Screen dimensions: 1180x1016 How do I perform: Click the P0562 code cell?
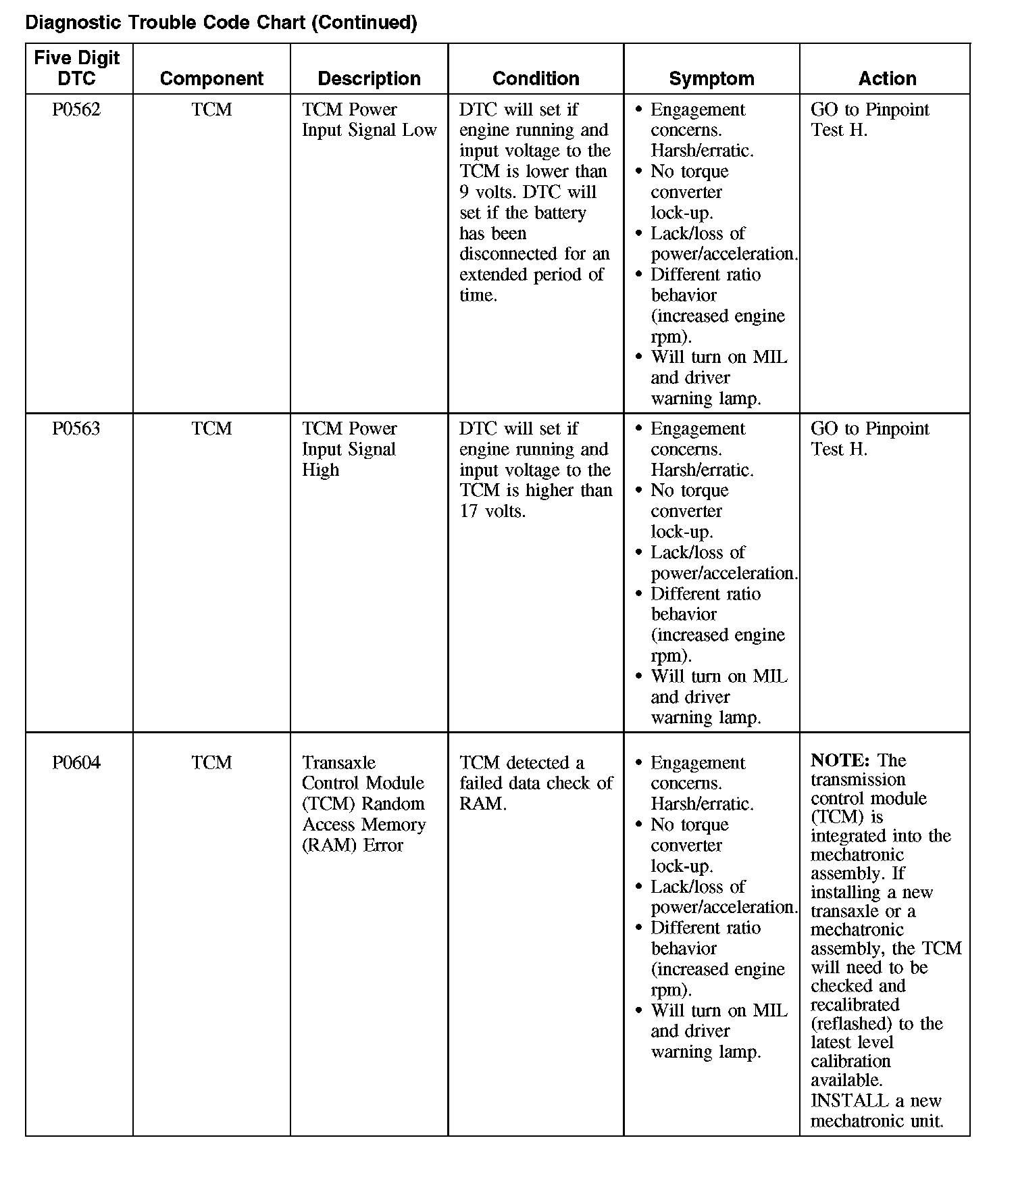76,109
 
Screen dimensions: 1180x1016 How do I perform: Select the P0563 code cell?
76,428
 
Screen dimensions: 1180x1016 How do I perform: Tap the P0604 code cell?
76,762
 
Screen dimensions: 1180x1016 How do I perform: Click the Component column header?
211,78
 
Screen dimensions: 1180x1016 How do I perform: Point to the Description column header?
369,78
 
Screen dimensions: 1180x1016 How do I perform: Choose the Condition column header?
536,78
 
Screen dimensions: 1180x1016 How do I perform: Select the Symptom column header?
711,78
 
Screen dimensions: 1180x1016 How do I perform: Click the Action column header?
887,78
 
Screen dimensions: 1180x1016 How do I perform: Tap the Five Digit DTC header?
76,68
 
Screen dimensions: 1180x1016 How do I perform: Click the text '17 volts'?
492,511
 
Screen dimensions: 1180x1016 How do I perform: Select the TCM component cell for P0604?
211,762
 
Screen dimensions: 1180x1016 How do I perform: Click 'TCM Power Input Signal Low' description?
369,120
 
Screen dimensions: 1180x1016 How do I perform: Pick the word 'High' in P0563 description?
320,470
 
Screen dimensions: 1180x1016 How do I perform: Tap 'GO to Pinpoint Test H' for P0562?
869,120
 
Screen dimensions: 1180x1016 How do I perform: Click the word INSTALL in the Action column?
849,1100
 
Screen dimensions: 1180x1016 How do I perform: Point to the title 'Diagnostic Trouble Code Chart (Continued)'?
221,22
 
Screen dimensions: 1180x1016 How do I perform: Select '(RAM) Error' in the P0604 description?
352,845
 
